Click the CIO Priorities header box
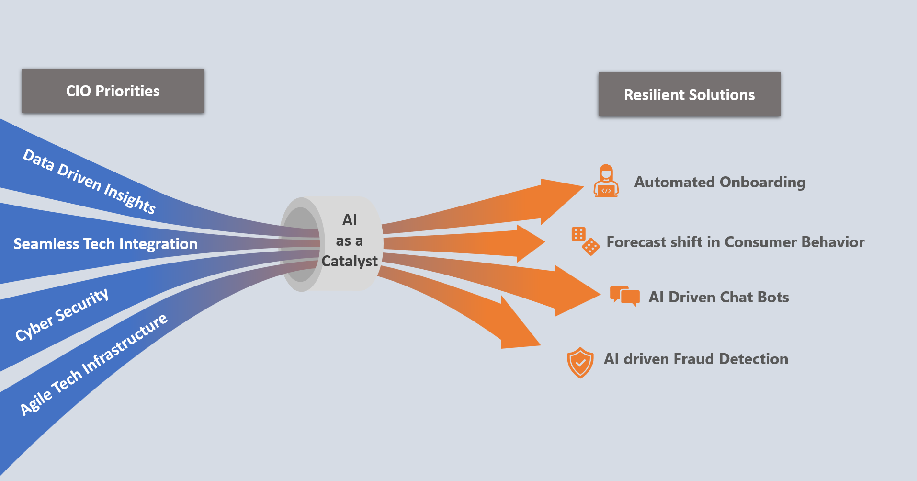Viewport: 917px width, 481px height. [x=113, y=91]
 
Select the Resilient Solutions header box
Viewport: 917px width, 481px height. [x=689, y=94]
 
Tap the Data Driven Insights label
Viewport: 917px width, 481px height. [x=89, y=182]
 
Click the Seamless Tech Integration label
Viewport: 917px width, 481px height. [x=105, y=244]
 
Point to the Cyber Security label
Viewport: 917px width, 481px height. [x=62, y=314]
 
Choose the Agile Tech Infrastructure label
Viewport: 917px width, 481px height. [x=94, y=364]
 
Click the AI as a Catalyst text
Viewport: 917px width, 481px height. [x=350, y=240]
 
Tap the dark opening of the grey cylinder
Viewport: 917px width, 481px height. [x=300, y=244]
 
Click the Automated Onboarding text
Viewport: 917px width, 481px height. [x=720, y=182]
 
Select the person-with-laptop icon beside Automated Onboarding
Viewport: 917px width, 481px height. [x=606, y=181]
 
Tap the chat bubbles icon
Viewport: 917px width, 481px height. [x=624, y=296]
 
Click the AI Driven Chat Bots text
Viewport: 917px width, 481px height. [x=718, y=297]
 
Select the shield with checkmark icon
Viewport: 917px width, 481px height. [x=580, y=363]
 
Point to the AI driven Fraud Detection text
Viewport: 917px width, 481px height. [x=696, y=359]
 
